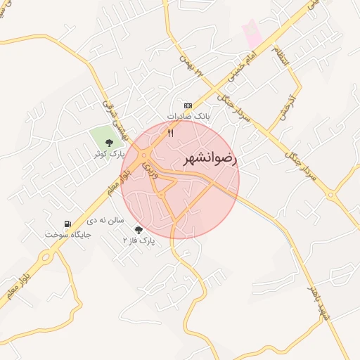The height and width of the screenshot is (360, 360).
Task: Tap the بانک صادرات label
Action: click(x=188, y=115)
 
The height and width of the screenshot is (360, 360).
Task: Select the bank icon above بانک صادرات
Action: click(x=188, y=105)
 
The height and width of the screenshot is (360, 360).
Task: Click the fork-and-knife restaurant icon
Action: click(x=170, y=132)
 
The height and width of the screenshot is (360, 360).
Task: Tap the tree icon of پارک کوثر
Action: click(x=108, y=143)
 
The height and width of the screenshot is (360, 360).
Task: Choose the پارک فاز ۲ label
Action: click(x=139, y=240)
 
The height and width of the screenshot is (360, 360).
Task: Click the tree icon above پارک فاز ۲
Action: click(x=138, y=230)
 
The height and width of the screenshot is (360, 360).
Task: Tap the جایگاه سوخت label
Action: click(x=68, y=234)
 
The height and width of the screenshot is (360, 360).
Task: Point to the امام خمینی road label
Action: click(x=243, y=58)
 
